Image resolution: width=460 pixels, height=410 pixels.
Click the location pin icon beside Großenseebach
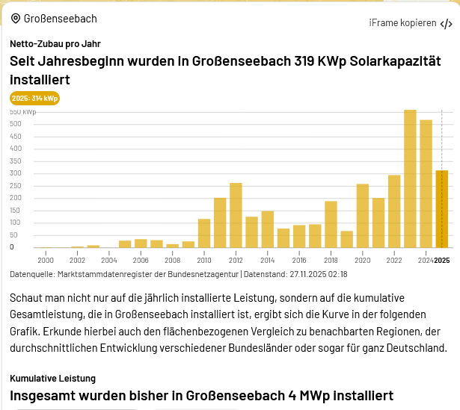pyautogui.click(x=16, y=19)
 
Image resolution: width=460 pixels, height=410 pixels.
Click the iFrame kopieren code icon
pyautogui.click(x=446, y=23)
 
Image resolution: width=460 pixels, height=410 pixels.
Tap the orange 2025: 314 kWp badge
pyautogui.click(x=34, y=98)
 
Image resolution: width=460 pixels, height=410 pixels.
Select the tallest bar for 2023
pyautogui.click(x=410, y=179)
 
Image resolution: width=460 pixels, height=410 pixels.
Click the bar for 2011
pyautogui.click(x=220, y=223)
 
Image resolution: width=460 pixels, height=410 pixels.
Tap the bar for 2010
pyautogui.click(x=204, y=233)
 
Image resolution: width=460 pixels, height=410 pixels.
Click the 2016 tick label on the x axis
pyautogui.click(x=299, y=260)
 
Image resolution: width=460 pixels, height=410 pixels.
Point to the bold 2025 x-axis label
pyautogui.click(x=442, y=260)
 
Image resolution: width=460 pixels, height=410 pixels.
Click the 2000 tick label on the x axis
pyautogui.click(x=46, y=260)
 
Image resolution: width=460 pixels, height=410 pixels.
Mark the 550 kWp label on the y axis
pyautogui.click(x=22, y=112)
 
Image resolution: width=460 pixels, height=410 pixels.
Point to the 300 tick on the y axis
pyautogui.click(x=16, y=173)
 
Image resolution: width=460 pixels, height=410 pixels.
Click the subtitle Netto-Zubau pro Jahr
pyautogui.click(x=55, y=44)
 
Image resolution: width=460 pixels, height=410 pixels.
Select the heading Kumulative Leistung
pyautogui.click(x=52, y=379)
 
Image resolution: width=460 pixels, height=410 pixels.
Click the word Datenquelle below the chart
pyautogui.click(x=31, y=274)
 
